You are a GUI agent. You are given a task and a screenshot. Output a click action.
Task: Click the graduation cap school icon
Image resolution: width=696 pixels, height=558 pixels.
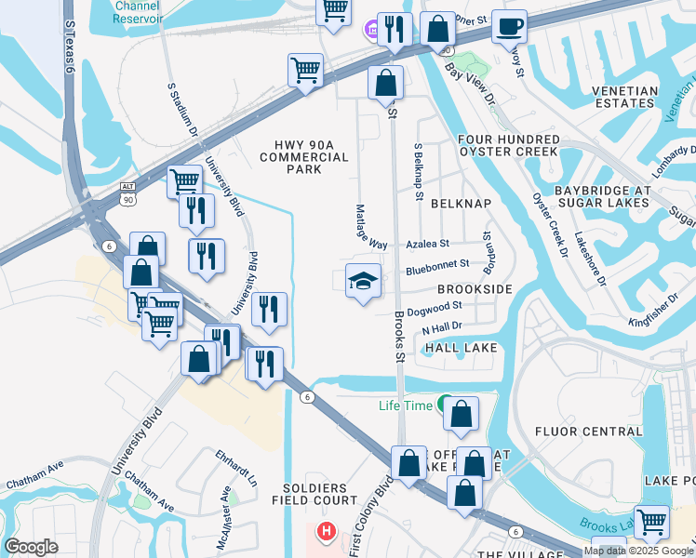pos(363,281)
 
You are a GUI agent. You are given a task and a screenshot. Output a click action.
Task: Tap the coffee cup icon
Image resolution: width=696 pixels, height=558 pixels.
pos(509,27)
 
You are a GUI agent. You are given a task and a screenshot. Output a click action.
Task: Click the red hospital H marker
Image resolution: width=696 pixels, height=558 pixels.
pos(326,532)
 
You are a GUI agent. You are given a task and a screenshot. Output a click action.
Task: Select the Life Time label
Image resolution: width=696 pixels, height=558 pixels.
pos(406,405)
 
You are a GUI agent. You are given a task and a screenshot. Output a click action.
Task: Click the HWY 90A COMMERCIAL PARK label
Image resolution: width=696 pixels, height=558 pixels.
pos(304,156)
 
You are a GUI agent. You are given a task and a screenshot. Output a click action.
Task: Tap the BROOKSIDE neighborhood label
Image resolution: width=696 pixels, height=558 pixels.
pos(475,290)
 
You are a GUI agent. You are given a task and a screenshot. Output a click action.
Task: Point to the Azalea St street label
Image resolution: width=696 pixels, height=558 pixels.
pos(428,243)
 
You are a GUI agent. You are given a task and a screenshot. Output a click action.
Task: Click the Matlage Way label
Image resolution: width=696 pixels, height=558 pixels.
pos(371,227)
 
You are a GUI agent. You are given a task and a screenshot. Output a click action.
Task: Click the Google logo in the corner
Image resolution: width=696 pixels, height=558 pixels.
pos(31,547)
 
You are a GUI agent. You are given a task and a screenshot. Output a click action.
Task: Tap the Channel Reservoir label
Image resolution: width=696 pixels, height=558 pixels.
pos(138,11)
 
